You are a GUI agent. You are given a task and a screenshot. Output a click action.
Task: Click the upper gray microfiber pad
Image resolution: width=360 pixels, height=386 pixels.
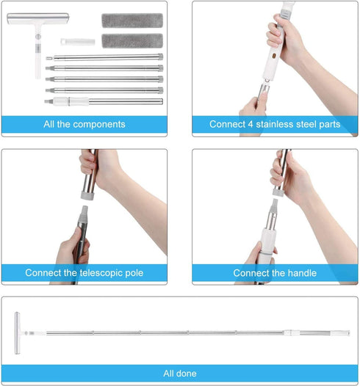tap(132, 21)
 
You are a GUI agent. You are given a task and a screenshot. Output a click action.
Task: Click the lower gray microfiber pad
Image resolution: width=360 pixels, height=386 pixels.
tap(132, 40)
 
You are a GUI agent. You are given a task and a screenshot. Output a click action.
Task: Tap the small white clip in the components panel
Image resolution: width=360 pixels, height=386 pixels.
tap(78, 42)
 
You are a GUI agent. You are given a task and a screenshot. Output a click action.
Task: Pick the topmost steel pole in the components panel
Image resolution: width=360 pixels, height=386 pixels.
tap(104, 57)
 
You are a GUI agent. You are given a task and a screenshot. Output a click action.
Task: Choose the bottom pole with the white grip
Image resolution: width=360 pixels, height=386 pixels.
tap(104, 101)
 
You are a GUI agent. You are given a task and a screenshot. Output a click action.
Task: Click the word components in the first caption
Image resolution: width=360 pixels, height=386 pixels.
tap(99, 124)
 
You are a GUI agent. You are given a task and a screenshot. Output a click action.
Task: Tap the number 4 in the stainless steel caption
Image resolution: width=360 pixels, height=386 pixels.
tap(251, 124)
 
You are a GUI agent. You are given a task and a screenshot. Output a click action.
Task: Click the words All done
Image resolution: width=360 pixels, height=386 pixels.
tap(180, 374)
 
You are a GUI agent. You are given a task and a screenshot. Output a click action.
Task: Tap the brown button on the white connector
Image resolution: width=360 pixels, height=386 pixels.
tap(274, 56)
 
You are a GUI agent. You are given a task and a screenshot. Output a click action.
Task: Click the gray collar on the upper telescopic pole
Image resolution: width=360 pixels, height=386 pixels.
tap(87, 196)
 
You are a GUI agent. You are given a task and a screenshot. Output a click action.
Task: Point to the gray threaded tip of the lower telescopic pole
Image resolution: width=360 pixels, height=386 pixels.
tap(83, 214)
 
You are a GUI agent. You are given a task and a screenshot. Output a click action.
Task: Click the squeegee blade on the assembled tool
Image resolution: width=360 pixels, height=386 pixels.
tap(17, 333)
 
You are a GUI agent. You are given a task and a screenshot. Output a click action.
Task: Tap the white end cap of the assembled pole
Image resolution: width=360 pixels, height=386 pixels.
tap(340, 333)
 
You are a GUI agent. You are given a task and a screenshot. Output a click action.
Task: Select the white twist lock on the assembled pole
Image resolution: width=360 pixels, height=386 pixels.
tap(292, 333)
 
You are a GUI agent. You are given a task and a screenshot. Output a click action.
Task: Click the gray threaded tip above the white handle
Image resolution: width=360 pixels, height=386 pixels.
tap(274, 206)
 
